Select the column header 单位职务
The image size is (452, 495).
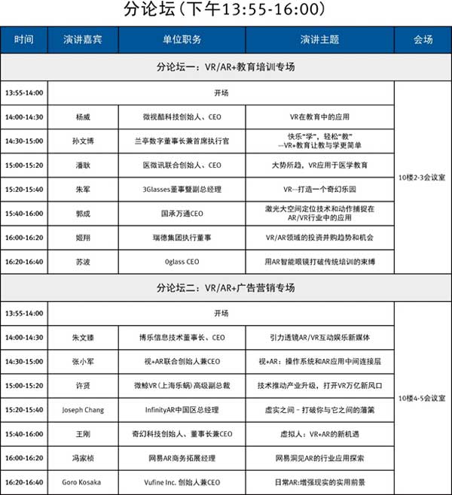[182, 39]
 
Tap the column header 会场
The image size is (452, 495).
[423, 39]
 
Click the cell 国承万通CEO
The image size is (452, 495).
[182, 214]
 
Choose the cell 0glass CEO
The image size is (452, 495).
[182, 262]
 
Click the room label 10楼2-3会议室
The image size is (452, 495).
[423, 178]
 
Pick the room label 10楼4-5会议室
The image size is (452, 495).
[423, 396]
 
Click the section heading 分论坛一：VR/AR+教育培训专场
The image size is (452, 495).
[225, 67]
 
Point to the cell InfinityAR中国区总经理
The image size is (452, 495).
[182, 410]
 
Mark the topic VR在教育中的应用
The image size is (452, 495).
[320, 117]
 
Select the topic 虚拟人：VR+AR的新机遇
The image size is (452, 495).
[320, 434]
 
